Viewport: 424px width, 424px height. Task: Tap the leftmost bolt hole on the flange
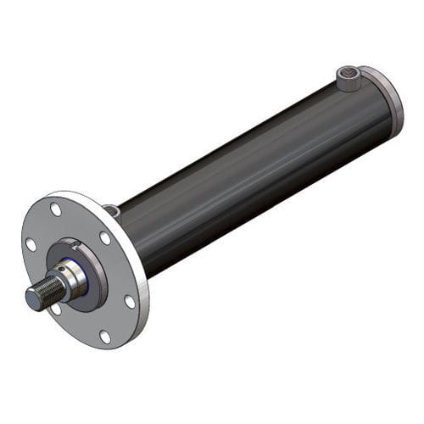[31, 244]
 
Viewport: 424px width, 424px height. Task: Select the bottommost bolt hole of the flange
[105, 337]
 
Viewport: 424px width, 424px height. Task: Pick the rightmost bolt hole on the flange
[130, 301]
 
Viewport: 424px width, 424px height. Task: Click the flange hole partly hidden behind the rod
[57, 309]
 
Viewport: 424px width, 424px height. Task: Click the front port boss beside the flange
[112, 210]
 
